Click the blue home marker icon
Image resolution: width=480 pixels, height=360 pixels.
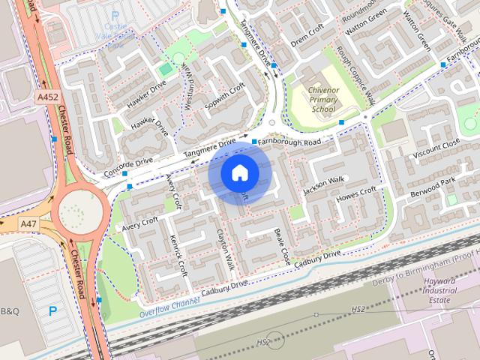pyautogui.click(x=239, y=172)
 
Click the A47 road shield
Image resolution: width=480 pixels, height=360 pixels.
pyautogui.click(x=28, y=223)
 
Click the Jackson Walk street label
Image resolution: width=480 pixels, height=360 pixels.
pyautogui.click(x=323, y=185)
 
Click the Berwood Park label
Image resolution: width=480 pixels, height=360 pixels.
pyautogui.click(x=433, y=187)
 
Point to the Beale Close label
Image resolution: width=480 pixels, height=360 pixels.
pyautogui.click(x=282, y=246)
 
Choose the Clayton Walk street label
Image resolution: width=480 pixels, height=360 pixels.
pyautogui.click(x=226, y=250)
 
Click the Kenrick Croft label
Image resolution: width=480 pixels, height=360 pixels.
pyautogui.click(x=177, y=256)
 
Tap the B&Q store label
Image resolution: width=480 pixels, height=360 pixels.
pyautogui.click(x=10, y=310)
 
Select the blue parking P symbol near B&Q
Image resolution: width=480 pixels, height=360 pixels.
pyautogui.click(x=52, y=310)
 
